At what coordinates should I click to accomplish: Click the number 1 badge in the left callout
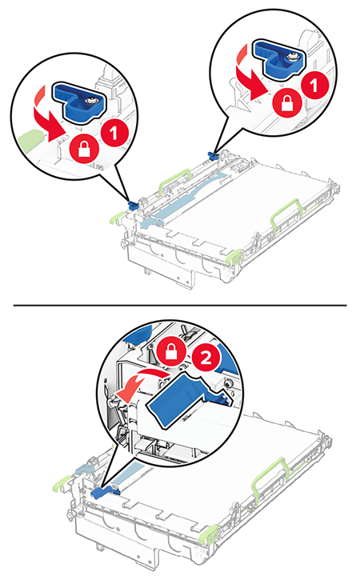[114, 134]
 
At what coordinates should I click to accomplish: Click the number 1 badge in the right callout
[314, 86]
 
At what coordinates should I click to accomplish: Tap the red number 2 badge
[206, 358]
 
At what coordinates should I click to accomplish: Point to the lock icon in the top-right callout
[286, 102]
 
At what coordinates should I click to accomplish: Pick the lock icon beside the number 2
[170, 351]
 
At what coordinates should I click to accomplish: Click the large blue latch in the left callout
[78, 101]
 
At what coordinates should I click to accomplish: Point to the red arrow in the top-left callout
[48, 119]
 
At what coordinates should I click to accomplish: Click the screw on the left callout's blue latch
[90, 101]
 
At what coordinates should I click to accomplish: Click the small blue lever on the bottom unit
[106, 491]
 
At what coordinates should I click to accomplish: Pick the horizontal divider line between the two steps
[180, 306]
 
